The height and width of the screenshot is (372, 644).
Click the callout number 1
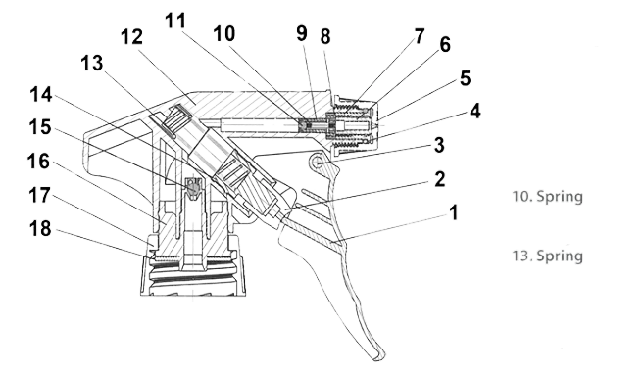pyautogui.click(x=453, y=212)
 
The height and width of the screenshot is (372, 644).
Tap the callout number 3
pyautogui.click(x=439, y=145)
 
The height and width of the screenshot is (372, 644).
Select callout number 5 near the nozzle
pyautogui.click(x=465, y=78)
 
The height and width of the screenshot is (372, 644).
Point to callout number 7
pyautogui.click(x=419, y=36)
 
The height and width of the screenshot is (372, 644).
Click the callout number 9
pyautogui.click(x=302, y=33)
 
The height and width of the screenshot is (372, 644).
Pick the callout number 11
pyautogui.click(x=175, y=21)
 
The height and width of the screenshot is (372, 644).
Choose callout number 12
pyautogui.click(x=131, y=37)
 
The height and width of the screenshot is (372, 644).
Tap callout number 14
pyautogui.click(x=41, y=95)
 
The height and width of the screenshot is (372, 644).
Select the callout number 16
pyautogui.click(x=38, y=162)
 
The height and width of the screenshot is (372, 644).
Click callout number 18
pyautogui.click(x=40, y=228)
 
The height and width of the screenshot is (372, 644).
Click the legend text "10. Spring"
pyautogui.click(x=548, y=197)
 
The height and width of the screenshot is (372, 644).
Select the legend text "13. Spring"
pyautogui.click(x=548, y=256)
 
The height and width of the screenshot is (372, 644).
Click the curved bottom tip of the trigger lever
pyautogui.click(x=379, y=356)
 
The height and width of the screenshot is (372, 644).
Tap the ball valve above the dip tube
pyautogui.click(x=193, y=187)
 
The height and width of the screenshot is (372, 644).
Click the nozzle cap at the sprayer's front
pyautogui.click(x=356, y=125)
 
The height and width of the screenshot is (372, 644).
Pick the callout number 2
pyautogui.click(x=439, y=179)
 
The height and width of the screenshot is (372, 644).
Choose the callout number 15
pyautogui.click(x=40, y=127)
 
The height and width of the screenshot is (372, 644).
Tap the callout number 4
pyautogui.click(x=474, y=112)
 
